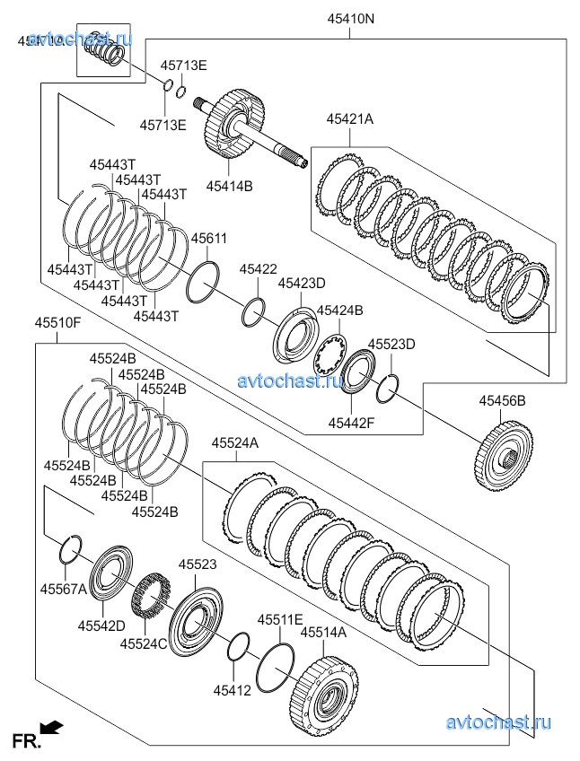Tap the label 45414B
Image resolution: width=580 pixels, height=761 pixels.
point(229,186)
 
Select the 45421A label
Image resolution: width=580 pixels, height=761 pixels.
point(349,118)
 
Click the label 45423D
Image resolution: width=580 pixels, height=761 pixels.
point(301,283)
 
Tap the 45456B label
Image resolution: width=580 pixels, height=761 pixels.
point(502,401)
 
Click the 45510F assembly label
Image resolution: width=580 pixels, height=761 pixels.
point(58,321)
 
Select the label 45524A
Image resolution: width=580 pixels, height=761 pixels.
point(235,442)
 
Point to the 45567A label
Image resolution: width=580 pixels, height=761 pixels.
point(63,589)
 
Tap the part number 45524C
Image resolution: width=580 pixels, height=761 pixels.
point(145,643)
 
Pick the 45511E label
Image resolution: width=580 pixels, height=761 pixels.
point(280,620)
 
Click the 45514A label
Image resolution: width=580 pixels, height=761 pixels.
point(323,633)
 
